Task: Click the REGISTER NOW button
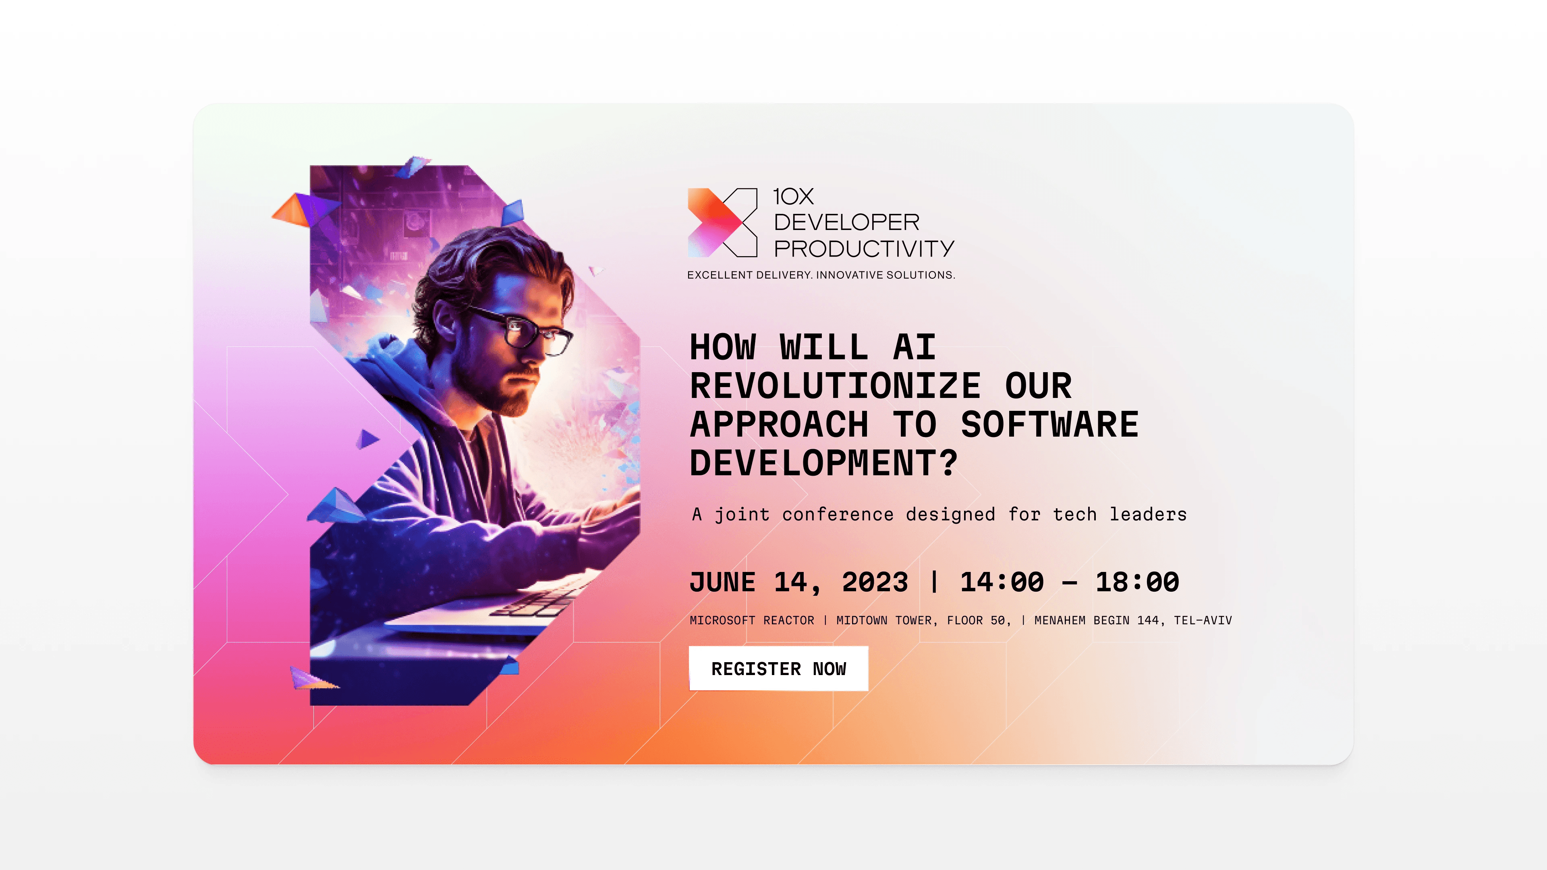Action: pyautogui.click(x=778, y=668)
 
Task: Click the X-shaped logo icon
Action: pyautogui.click(x=722, y=223)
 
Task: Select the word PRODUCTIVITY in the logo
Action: pyautogui.click(x=864, y=249)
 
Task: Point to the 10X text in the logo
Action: pyautogui.click(x=793, y=196)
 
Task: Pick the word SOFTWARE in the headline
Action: pyautogui.click(x=1050, y=425)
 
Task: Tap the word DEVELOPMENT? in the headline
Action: pyautogui.click(x=823, y=463)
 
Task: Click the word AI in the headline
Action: pyautogui.click(x=915, y=348)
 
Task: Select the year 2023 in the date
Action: pyautogui.click(x=875, y=582)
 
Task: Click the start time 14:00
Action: pyautogui.click(x=1002, y=582)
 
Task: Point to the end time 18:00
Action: pyautogui.click(x=1137, y=582)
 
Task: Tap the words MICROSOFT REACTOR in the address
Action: pyautogui.click(x=752, y=620)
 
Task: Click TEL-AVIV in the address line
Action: pyautogui.click(x=1203, y=620)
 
